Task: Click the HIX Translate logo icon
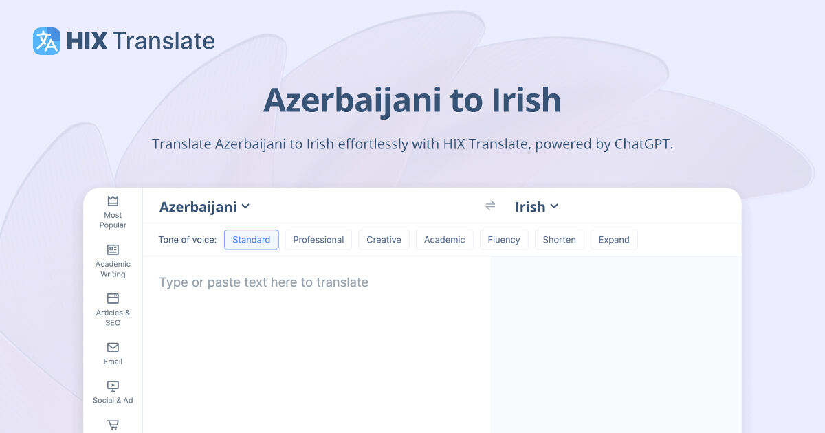(47, 41)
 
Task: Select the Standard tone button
(252, 240)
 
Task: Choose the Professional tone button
(318, 240)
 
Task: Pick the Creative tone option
(384, 240)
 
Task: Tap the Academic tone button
(444, 240)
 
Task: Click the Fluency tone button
(504, 240)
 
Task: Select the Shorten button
(559, 240)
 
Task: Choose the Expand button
(614, 240)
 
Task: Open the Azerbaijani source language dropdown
(204, 207)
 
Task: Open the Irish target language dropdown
(536, 207)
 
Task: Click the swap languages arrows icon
(490, 206)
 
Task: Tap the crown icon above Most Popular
(113, 201)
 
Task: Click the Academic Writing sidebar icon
(113, 249)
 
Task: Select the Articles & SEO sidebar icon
(113, 298)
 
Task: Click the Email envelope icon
(113, 347)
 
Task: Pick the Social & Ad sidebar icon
(113, 386)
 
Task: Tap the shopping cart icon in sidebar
(113, 425)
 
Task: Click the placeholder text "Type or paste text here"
(263, 282)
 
